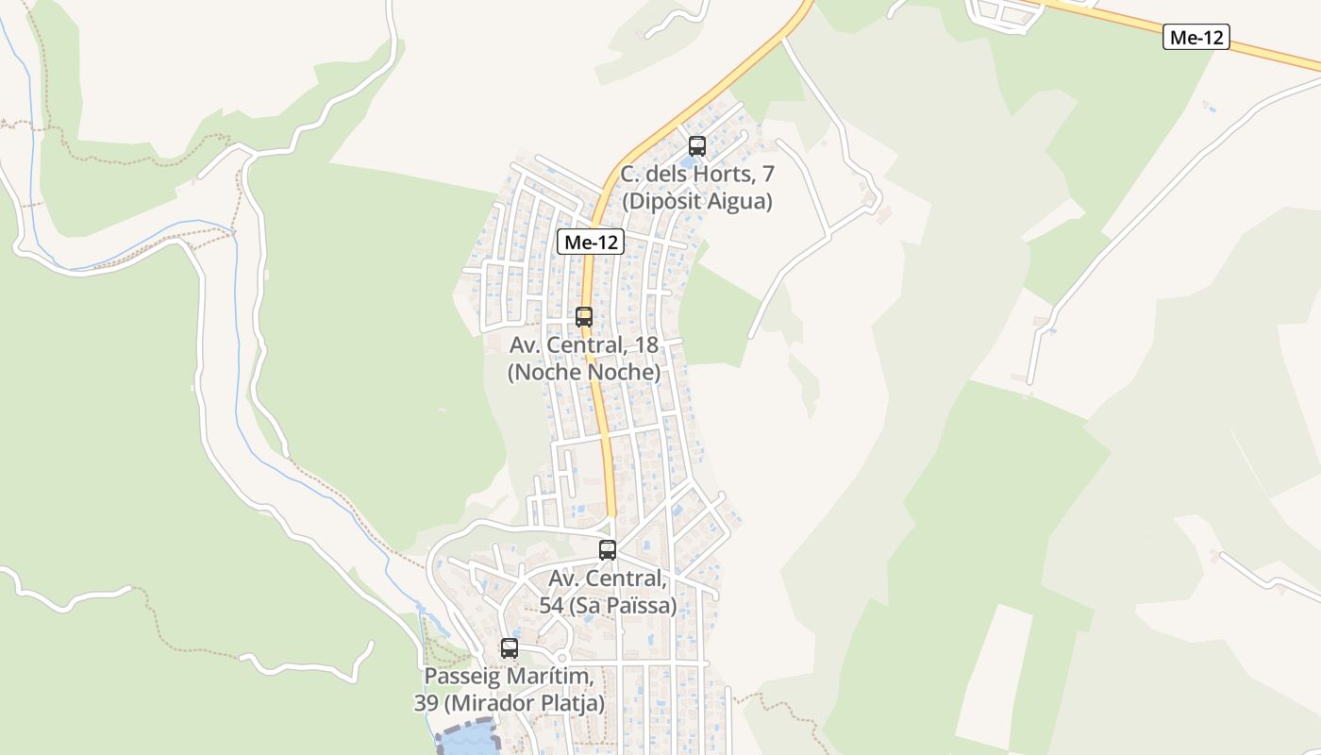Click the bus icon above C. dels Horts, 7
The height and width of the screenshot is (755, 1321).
tap(697, 146)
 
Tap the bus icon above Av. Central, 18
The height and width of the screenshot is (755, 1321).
tap(584, 317)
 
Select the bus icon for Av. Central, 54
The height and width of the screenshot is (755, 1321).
tap(608, 550)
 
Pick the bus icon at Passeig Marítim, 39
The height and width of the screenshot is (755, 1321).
tap(510, 648)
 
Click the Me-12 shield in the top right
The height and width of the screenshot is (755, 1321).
tap(1196, 38)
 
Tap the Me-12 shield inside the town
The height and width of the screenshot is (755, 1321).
tap(591, 243)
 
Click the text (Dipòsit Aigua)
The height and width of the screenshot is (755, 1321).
tap(696, 201)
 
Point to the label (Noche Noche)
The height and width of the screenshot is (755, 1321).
tap(584, 373)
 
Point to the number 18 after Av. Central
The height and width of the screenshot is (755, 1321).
tap(645, 345)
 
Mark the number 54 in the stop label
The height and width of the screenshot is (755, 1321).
tap(551, 605)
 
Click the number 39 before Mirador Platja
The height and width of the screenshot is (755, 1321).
tap(426, 703)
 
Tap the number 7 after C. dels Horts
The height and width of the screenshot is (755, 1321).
tap(768, 175)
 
